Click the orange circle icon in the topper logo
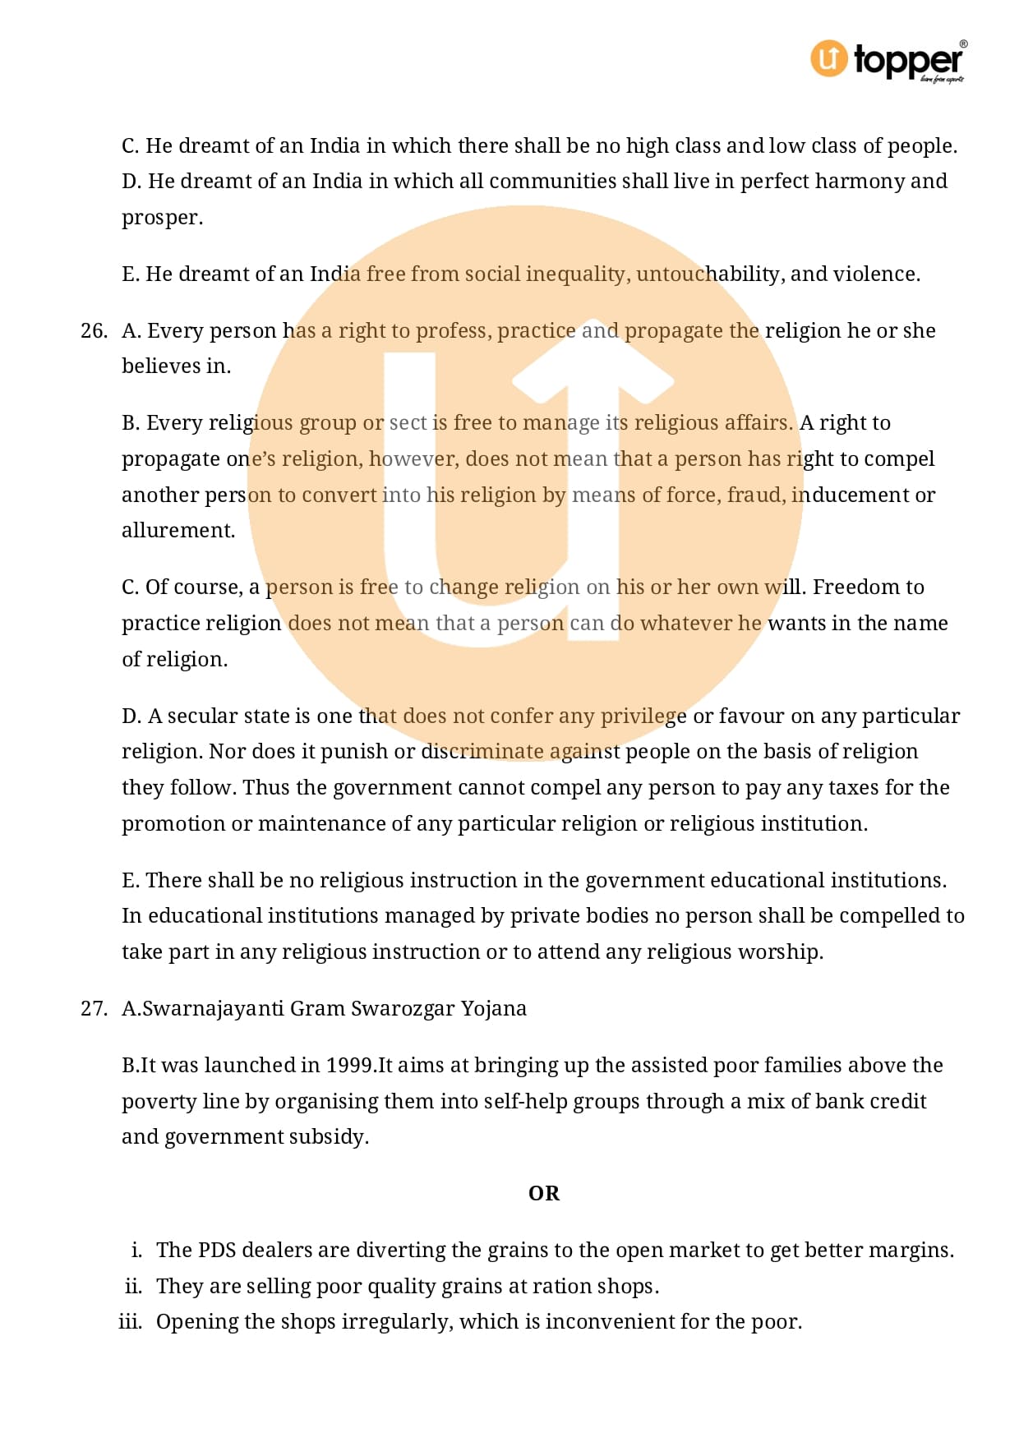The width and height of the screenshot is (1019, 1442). (x=828, y=59)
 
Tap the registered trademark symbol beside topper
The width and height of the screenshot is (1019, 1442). (x=963, y=44)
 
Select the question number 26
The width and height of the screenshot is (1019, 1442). (x=94, y=330)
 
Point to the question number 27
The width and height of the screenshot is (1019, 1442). (x=94, y=1008)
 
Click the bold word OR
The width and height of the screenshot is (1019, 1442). (x=544, y=1193)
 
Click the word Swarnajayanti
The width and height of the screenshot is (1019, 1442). (x=214, y=1008)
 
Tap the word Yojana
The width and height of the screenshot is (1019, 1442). (x=493, y=1008)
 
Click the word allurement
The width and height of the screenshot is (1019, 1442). (x=178, y=531)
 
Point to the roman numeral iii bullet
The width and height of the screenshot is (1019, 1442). (x=130, y=1321)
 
